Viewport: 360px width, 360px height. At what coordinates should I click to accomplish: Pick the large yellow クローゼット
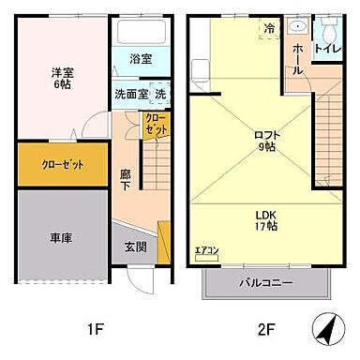(x=62, y=164)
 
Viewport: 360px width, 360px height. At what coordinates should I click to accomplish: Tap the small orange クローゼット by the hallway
(x=156, y=125)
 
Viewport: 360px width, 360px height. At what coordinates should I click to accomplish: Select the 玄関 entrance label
(x=135, y=247)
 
